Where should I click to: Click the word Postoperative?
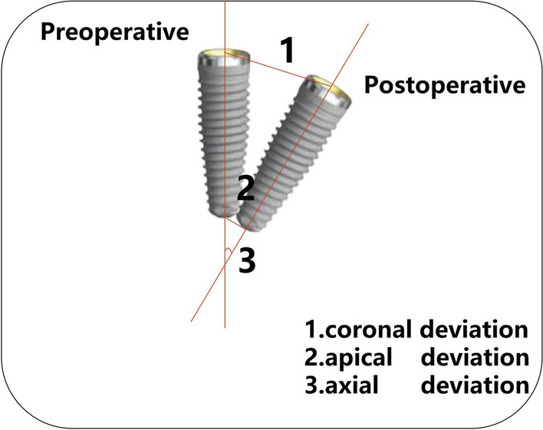[x=445, y=84]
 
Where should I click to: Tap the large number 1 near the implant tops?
[x=285, y=51]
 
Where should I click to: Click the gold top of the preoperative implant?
[x=225, y=55]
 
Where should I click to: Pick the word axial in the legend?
[x=346, y=382]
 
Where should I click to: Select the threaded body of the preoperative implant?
[x=223, y=131]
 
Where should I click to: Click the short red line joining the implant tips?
[x=235, y=222]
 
